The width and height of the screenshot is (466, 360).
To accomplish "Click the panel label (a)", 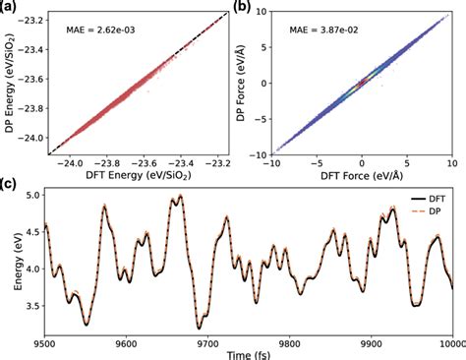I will [x=10, y=8].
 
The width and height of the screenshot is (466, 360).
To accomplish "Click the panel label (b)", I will [x=242, y=8].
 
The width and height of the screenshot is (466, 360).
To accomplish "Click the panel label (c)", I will [x=10, y=184].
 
